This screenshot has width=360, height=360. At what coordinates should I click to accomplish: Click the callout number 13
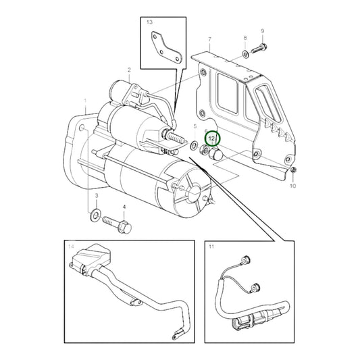(x=149, y=22)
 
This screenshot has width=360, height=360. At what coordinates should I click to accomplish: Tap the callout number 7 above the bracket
(x=209, y=39)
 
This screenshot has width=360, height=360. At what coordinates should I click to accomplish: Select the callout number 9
(x=263, y=31)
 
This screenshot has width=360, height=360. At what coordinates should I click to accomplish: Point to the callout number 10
(x=292, y=186)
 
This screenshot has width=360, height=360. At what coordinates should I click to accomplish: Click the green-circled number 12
(x=211, y=138)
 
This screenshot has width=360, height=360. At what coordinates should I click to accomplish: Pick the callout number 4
(x=124, y=207)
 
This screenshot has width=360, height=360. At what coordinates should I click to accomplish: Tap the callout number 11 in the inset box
(x=211, y=247)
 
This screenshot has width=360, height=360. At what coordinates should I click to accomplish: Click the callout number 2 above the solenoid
(x=129, y=70)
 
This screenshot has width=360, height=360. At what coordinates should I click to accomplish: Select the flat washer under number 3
(x=95, y=215)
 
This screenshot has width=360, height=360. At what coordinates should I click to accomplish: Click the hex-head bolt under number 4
(x=118, y=224)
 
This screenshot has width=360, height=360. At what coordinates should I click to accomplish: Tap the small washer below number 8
(x=245, y=55)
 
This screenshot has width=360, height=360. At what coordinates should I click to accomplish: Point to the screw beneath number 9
(x=259, y=49)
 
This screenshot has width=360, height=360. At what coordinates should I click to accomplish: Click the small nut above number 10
(x=293, y=170)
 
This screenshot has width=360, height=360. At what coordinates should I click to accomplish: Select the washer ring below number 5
(x=194, y=145)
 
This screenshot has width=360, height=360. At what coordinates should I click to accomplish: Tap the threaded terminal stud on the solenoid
(x=176, y=138)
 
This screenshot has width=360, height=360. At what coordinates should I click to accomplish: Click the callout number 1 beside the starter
(x=85, y=101)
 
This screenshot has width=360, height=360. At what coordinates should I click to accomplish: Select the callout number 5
(x=195, y=126)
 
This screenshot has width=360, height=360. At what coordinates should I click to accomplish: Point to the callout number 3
(x=97, y=196)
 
